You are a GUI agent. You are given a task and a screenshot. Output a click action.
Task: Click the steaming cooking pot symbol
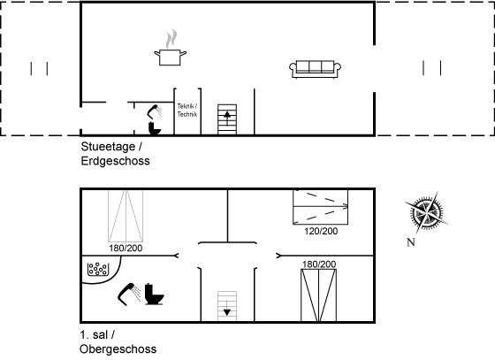[x=170, y=48]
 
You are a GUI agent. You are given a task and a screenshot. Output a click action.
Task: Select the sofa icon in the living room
[x=315, y=69]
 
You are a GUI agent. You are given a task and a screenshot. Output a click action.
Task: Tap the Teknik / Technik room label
[x=187, y=111]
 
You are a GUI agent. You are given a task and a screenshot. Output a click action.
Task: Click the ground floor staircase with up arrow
[x=227, y=119]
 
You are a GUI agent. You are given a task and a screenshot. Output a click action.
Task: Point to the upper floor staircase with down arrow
[x=227, y=306]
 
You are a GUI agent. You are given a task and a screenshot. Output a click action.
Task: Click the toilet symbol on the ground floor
[x=155, y=128]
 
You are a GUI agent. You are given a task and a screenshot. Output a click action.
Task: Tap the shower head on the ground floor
[x=155, y=111]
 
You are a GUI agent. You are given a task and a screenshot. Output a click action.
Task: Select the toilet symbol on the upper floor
[x=155, y=295]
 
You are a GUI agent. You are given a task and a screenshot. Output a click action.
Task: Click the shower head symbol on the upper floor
[x=129, y=295]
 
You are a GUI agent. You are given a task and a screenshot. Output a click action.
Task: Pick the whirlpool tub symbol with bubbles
[x=98, y=269]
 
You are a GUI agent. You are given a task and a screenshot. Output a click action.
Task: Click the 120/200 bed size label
[x=321, y=231]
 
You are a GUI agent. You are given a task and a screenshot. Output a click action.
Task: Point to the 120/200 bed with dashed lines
[x=320, y=207]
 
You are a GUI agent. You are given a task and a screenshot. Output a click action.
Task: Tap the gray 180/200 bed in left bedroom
[x=126, y=216]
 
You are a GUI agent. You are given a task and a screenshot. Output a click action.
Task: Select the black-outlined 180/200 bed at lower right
[x=318, y=295]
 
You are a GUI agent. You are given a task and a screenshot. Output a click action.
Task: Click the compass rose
[x=426, y=212]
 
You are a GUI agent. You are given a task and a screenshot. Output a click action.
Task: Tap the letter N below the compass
[x=411, y=242]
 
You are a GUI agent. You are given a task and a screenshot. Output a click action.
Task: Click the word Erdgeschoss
[x=115, y=161]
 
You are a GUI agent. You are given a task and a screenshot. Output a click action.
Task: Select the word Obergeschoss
[x=118, y=349]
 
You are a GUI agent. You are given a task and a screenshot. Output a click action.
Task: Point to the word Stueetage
[x=108, y=147]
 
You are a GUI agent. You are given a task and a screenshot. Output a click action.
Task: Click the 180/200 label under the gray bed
[x=126, y=249]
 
